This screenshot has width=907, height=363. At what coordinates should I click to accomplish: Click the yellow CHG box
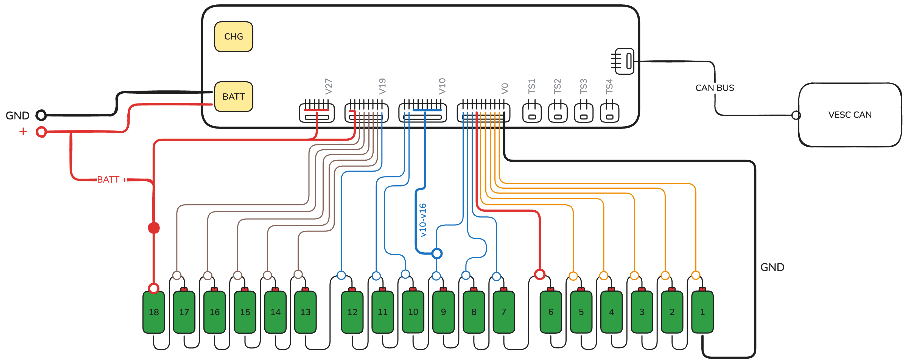233,37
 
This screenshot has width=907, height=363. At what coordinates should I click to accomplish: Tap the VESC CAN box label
850,115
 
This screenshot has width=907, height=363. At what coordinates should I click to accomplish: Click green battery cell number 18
153,312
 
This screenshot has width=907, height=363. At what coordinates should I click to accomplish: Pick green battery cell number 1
702,312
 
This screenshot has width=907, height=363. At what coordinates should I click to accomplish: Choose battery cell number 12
352,312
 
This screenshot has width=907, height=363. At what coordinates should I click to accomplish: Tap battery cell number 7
503,312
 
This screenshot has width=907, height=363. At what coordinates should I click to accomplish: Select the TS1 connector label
532,86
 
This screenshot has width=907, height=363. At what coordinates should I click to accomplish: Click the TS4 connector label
609,86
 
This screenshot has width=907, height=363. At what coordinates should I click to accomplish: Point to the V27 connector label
328,86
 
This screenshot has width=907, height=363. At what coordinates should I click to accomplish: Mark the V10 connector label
442,86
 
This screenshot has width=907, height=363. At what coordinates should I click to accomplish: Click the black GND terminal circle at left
41,115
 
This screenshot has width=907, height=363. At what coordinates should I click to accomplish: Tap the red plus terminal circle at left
41,132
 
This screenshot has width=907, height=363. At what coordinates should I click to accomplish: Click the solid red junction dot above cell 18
153,228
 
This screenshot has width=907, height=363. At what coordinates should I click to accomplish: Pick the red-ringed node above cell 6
539,274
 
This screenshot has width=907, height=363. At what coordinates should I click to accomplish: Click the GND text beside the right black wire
772,267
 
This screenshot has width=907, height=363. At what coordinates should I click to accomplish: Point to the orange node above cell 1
695,275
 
